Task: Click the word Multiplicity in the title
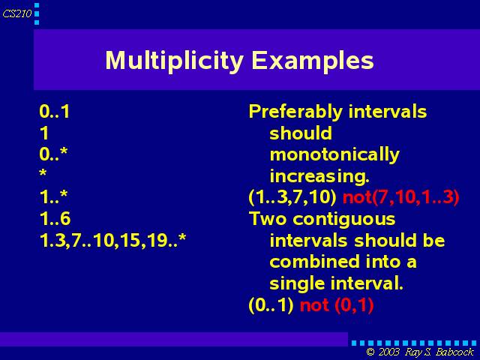[x=174, y=61]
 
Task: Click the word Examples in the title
[x=313, y=60]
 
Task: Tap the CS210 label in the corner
[x=17, y=13]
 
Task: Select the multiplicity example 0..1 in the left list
[x=55, y=111]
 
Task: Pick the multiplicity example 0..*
[x=53, y=154]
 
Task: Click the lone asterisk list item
[x=43, y=172]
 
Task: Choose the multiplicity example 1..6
[x=55, y=218]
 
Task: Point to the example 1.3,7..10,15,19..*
[x=112, y=240]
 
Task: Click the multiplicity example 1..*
[x=53, y=196]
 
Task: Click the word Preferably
[x=295, y=112]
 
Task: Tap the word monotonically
[x=334, y=155]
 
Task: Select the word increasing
[x=319, y=176]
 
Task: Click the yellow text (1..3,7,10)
[x=292, y=196]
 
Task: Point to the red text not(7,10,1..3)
[x=400, y=196]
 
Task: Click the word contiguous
[x=343, y=220]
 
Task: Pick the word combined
[x=314, y=262]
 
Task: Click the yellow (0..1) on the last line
[x=271, y=305]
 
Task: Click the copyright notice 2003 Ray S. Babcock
[x=420, y=352]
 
